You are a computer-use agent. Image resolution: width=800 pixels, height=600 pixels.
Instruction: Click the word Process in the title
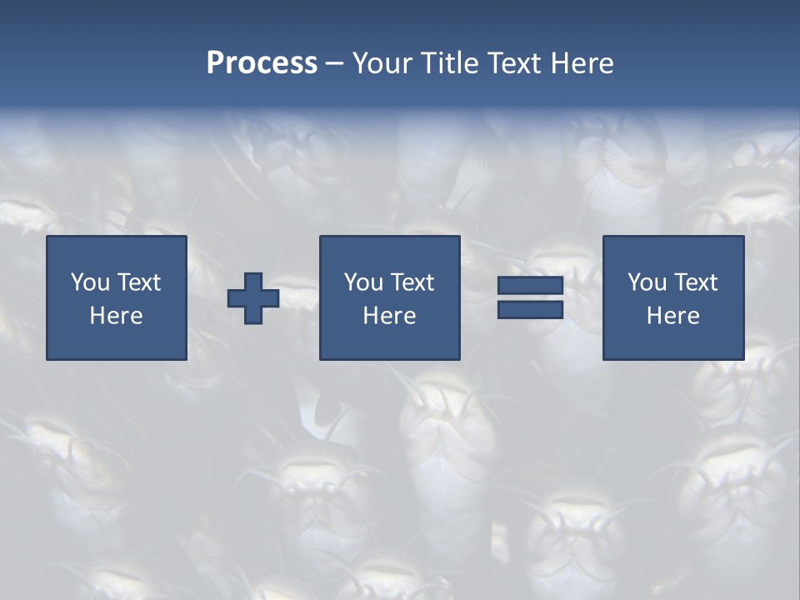click(262, 63)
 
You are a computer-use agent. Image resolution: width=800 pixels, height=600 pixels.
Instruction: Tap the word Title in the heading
click(451, 63)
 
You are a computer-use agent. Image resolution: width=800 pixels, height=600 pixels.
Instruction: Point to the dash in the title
click(335, 64)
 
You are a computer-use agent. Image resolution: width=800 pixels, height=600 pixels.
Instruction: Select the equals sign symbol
click(530, 298)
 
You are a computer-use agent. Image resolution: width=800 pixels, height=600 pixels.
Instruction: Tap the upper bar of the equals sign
click(530, 287)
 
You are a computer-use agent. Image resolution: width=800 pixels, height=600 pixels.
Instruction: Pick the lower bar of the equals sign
click(530, 310)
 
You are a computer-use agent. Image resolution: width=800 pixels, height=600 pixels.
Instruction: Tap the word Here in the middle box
click(389, 316)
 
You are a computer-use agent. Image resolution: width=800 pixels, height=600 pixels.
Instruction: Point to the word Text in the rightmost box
click(696, 282)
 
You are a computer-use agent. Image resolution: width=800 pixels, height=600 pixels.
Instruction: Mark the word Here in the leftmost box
click(117, 316)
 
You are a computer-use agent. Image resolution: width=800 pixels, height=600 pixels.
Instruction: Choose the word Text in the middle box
click(412, 282)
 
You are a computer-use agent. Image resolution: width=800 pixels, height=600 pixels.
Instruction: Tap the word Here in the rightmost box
click(672, 316)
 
